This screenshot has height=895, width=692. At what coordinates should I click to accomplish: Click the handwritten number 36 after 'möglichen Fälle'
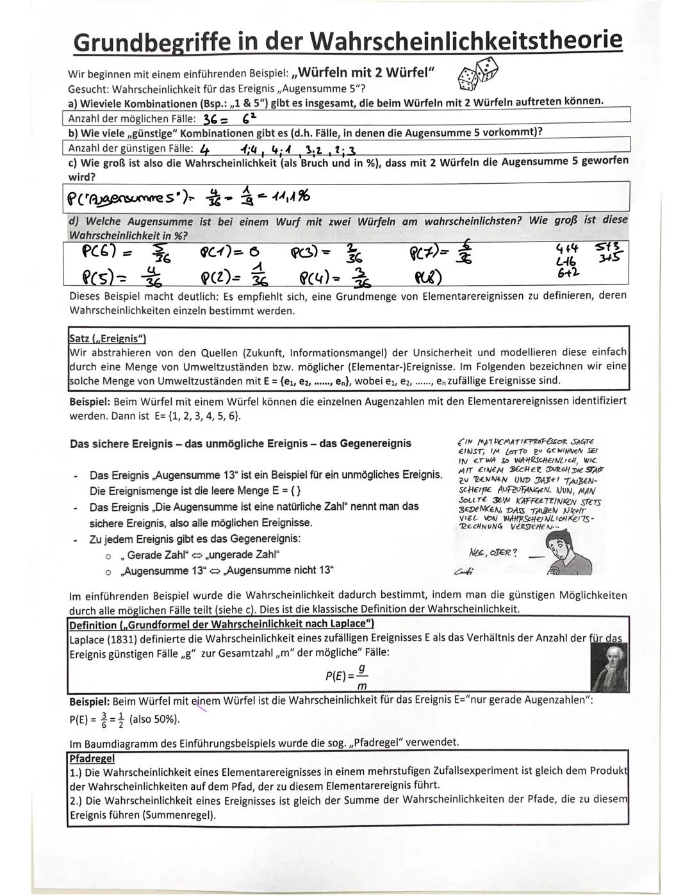[211, 120]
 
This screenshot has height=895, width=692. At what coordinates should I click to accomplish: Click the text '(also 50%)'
[154, 719]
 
